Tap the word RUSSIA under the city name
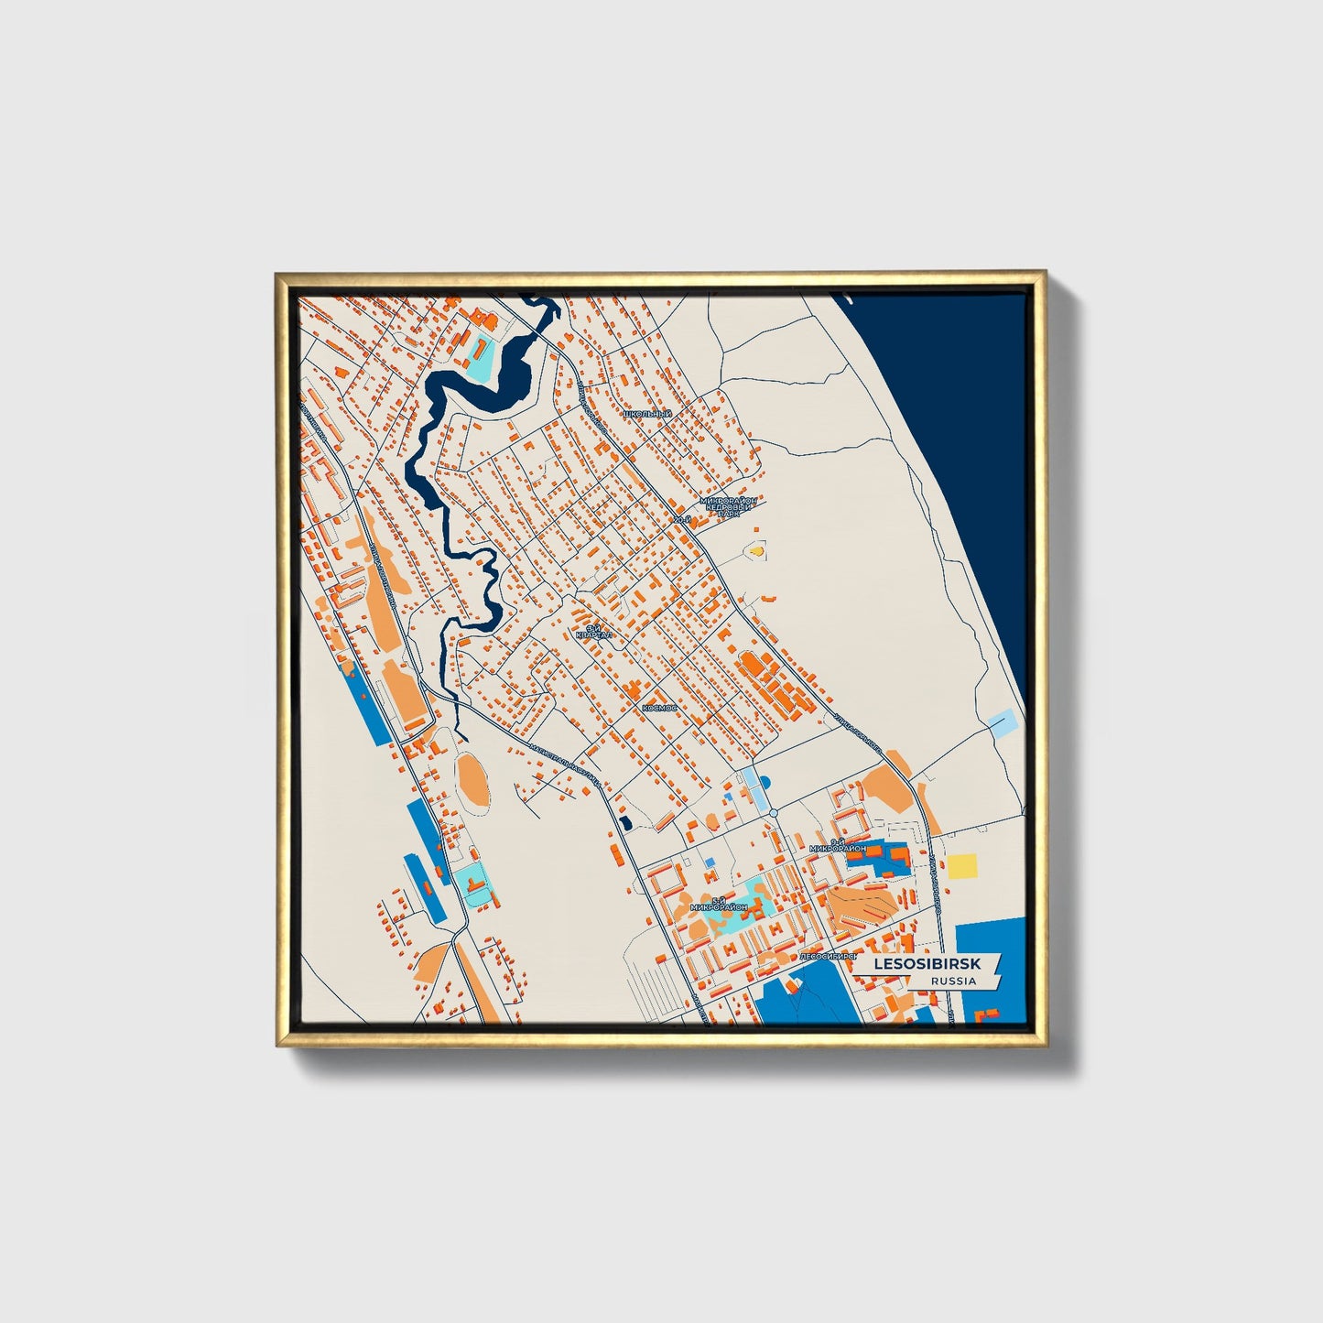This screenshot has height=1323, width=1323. pos(953,981)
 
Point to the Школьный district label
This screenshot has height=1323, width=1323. pos(646,415)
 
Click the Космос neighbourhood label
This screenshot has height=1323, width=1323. pos(659,708)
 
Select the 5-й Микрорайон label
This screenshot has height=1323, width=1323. pos(720,903)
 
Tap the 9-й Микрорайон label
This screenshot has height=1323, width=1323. pos(837,846)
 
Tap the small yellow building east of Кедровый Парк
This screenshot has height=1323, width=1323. pos(756,551)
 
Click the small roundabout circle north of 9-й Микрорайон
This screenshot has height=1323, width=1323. pos(774,813)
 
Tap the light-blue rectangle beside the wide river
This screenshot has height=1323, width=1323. pos(1002,723)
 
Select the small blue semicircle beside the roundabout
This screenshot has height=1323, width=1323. pos(766,781)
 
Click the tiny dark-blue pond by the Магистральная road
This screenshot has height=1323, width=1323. pos(625,823)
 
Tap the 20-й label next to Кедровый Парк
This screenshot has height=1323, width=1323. pos(679,520)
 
